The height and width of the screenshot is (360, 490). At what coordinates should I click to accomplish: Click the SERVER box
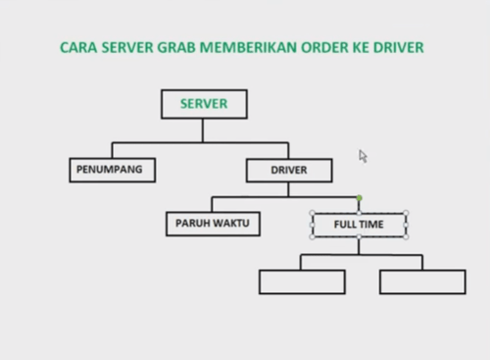coord(203,104)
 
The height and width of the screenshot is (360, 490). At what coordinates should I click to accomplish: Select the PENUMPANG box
coord(111,170)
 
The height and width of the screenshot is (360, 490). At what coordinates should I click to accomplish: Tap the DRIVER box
coord(288,171)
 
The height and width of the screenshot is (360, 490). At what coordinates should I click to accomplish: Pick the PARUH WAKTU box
coord(213,224)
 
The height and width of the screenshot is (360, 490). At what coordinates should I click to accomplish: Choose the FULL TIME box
coord(359,225)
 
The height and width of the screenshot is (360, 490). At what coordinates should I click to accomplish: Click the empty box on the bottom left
coord(302,282)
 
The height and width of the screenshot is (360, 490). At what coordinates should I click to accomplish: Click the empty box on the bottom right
coord(422,282)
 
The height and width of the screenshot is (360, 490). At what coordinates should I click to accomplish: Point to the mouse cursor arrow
coord(363,155)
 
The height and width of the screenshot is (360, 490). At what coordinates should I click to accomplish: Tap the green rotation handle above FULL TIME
coord(359,198)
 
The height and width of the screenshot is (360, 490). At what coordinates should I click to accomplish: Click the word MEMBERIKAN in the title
coord(252,47)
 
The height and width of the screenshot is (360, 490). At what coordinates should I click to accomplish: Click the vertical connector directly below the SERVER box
coord(203,129)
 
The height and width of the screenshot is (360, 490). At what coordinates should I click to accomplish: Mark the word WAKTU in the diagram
coord(229,224)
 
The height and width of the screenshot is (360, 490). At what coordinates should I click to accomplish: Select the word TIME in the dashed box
coord(371,225)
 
